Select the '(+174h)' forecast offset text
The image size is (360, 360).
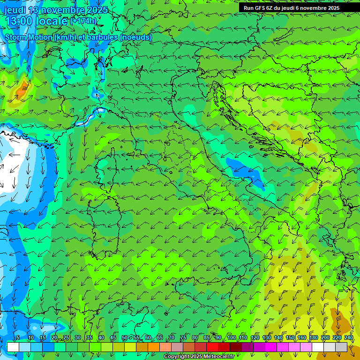click(x=83, y=21)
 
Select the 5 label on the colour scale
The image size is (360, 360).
click(x=18, y=337)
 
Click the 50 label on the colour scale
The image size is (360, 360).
click(x=124, y=337)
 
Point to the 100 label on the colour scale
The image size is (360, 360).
click(x=231, y=337)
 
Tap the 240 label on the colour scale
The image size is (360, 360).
click(x=349, y=337)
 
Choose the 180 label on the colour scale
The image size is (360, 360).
click(x=313, y=337)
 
